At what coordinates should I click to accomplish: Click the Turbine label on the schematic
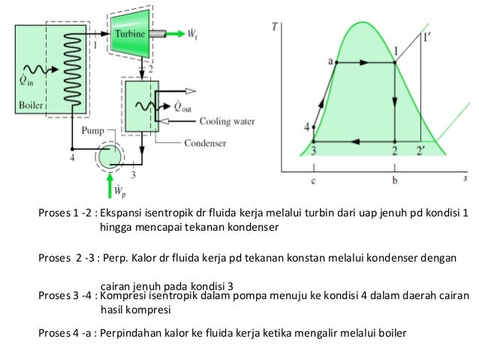[x=130, y=34]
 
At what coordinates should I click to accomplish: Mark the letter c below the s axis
[x=313, y=182]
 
